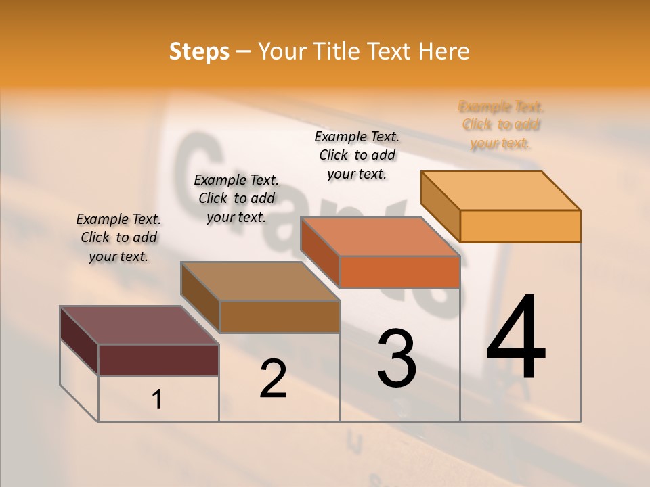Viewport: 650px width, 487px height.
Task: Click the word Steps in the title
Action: point(199,51)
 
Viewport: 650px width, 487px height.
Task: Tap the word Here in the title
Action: point(445,51)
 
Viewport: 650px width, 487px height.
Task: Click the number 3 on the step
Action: point(397,358)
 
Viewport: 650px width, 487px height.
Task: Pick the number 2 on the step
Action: point(273,378)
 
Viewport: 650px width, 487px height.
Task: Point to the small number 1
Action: point(157,399)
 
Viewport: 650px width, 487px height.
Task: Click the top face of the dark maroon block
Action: point(139,325)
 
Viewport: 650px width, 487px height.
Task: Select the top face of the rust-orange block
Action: point(380,237)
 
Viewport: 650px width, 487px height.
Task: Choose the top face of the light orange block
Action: point(500,191)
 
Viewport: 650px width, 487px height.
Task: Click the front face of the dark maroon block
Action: point(158,360)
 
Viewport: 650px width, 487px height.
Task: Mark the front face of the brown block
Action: point(280,317)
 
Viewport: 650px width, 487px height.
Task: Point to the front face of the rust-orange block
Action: point(399,272)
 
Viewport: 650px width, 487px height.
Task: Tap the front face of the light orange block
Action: point(520,226)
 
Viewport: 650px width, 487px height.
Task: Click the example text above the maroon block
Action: point(118,237)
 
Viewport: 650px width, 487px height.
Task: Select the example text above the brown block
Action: point(236,198)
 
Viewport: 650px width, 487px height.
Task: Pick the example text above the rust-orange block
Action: point(357,155)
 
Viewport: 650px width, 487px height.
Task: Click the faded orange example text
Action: point(501,125)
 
